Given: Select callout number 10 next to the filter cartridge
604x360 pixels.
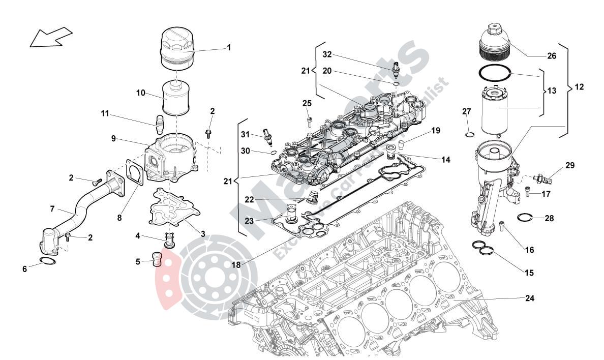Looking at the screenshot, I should click(x=141, y=93).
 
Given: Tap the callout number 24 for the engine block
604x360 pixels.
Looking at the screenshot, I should click(x=529, y=298).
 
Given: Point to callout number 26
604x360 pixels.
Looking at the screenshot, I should click(x=552, y=56).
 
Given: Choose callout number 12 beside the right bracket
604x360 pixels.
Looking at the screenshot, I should click(x=580, y=87).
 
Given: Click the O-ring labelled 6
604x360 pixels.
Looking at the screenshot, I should click(x=47, y=262).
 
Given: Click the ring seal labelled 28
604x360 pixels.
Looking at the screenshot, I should click(x=525, y=218).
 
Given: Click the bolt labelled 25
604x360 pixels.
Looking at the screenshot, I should click(x=310, y=121).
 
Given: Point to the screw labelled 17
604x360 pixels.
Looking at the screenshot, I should click(x=528, y=192).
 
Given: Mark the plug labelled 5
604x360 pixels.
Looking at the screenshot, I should click(x=157, y=259).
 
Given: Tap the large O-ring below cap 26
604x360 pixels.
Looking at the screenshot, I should click(x=494, y=73).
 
